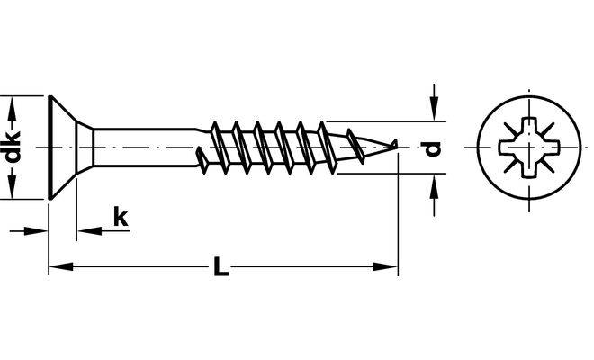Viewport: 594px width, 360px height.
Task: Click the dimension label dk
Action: tap(13, 147)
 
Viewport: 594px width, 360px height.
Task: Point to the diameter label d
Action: tap(435, 148)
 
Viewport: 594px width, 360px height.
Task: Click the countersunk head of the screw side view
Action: tap(67, 147)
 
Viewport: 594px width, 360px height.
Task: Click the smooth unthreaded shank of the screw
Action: tap(144, 147)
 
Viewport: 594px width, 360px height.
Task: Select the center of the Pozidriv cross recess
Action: tap(525, 146)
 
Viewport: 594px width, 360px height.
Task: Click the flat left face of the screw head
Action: tap(47, 147)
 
